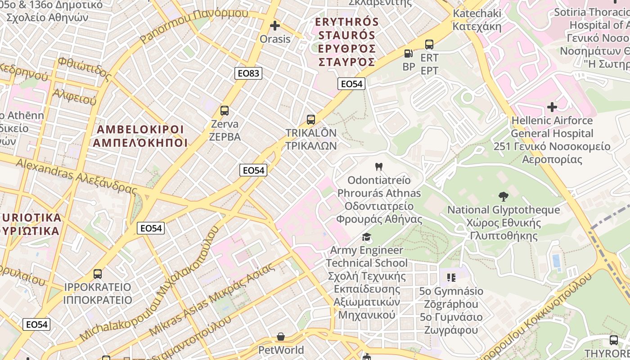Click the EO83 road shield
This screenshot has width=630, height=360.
[x=248, y=73]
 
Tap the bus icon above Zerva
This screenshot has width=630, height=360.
[x=224, y=110]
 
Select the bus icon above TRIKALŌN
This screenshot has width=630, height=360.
[x=310, y=120]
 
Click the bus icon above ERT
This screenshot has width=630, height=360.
[x=429, y=45]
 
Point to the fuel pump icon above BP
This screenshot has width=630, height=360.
[x=409, y=54]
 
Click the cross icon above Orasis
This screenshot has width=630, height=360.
[x=274, y=26]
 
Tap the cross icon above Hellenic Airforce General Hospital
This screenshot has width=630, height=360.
[x=552, y=107]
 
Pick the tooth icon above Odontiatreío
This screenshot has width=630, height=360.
[x=378, y=166]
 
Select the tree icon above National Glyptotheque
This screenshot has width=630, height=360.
[x=503, y=196]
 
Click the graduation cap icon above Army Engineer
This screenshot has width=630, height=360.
[x=367, y=237]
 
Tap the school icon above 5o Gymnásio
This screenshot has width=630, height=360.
[x=451, y=277]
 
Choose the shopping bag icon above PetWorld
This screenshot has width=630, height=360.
[x=281, y=337]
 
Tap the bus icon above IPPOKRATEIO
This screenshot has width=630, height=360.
[x=98, y=274]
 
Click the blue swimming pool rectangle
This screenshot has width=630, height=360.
[x=556, y=261]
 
